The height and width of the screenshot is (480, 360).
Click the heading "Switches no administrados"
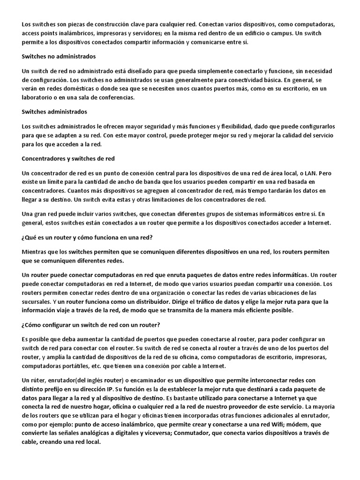coord(59,57)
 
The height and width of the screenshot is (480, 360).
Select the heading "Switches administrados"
coord(54,112)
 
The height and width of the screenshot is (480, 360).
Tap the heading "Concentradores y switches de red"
coord(68,158)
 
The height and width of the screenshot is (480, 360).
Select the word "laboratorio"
coord(39,97)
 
